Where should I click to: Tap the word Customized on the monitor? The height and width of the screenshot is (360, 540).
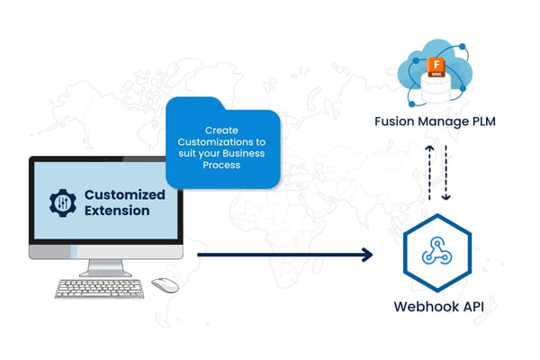(x=124, y=194)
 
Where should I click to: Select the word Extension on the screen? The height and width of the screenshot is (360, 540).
(x=118, y=211)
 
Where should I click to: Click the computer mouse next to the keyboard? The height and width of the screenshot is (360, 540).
(x=165, y=284)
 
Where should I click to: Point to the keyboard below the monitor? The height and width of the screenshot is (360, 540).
(x=99, y=288)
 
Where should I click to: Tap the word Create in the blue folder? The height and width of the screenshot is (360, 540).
(x=222, y=130)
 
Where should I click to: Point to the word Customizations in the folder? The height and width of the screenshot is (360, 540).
(x=216, y=141)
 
